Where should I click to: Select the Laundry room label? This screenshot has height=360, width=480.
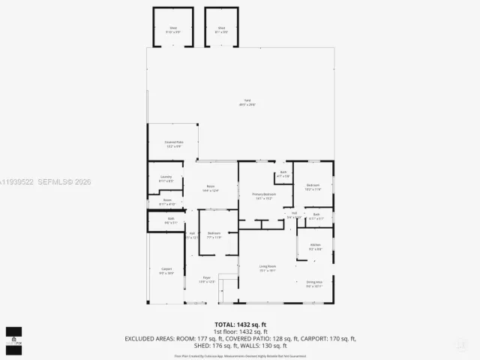(166, 179)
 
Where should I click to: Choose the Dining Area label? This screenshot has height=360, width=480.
(314, 283)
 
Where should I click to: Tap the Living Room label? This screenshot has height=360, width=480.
(268, 268)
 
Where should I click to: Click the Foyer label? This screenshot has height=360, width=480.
(206, 280)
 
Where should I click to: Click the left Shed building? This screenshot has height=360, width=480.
(172, 28)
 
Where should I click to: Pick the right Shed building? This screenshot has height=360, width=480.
(221, 28)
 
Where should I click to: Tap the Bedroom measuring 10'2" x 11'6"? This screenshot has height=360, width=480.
(313, 187)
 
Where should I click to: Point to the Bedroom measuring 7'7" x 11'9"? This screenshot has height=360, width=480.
(214, 235)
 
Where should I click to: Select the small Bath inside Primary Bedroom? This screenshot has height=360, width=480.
(283, 175)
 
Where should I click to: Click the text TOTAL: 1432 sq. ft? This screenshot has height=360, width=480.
(241, 325)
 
